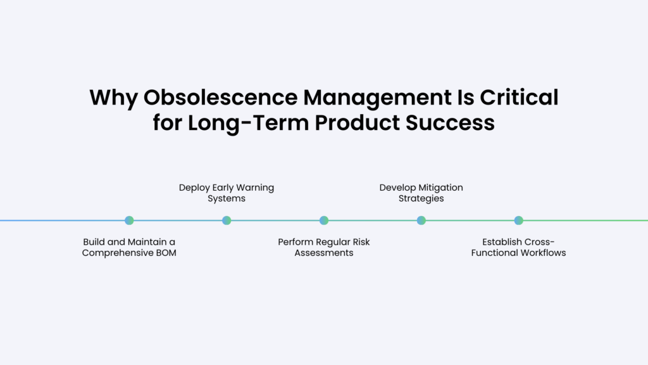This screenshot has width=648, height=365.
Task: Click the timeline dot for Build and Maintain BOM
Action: pos(129,221)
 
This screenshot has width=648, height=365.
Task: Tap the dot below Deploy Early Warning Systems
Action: pos(227,221)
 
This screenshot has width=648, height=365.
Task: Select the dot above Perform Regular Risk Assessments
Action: pos(324,221)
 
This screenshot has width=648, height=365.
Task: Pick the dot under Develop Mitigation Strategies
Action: pos(421,221)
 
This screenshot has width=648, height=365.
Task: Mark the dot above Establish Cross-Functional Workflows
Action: pos(519,221)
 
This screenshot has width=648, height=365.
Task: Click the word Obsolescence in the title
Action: pos(220,97)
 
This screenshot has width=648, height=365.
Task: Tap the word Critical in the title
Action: pos(519,97)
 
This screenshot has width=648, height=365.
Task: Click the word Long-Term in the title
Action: pos(248,123)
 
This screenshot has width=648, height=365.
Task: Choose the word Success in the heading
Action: pos(450,123)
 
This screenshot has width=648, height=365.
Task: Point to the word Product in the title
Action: pos(358,123)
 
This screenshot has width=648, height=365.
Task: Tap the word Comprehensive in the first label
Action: pos(118,253)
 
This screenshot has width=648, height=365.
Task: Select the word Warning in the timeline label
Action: pos(255,188)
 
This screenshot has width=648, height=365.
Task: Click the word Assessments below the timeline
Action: pos(324,253)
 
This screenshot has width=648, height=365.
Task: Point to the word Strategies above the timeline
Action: pos(421,199)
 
